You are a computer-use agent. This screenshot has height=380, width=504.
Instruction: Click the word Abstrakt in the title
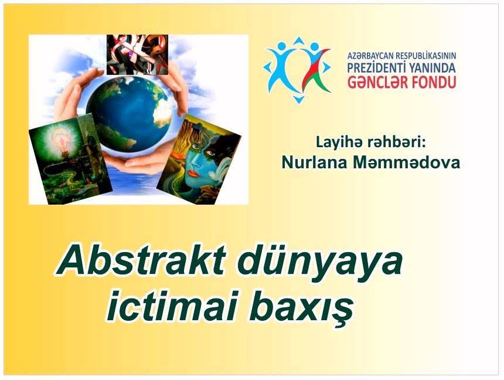point(141,262)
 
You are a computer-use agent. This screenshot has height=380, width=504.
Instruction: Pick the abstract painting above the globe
point(137,55)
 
